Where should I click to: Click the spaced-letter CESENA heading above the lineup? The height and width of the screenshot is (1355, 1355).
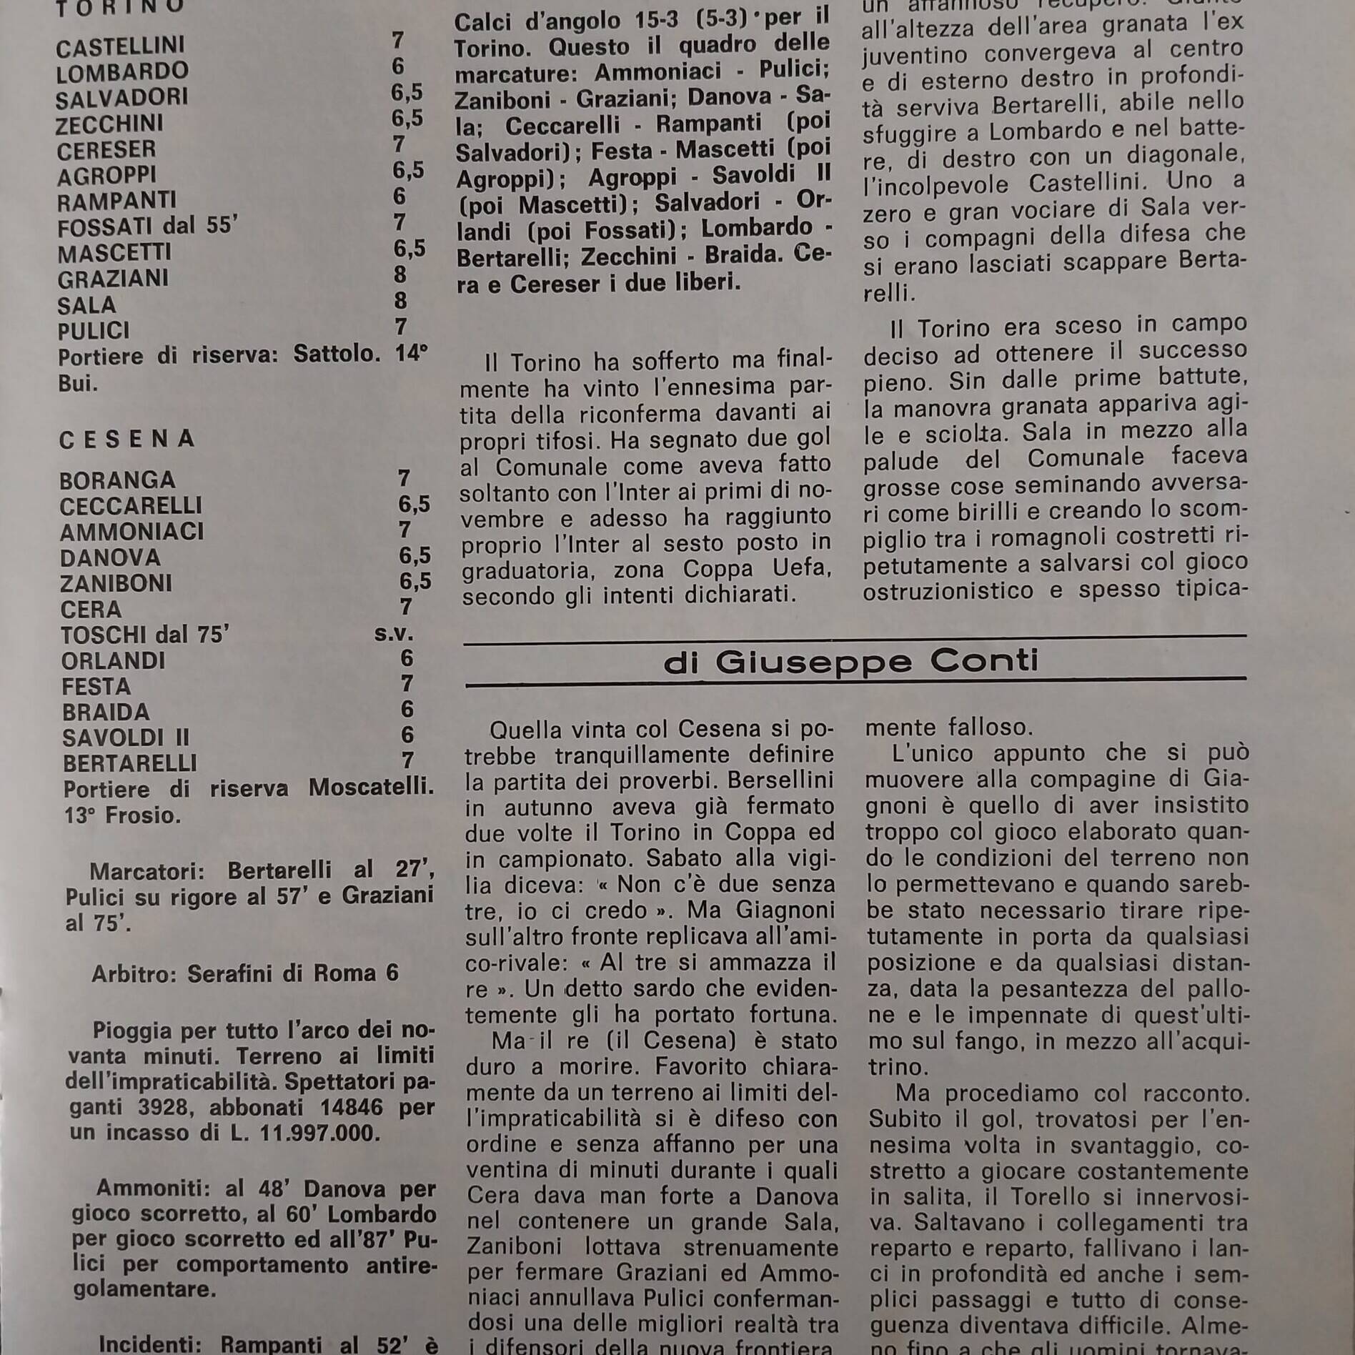pos(126,440)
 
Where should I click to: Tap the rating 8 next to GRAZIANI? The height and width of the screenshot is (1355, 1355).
pos(400,274)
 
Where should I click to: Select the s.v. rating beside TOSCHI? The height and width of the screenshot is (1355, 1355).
pos(394,633)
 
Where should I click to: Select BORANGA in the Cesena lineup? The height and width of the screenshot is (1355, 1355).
pos(117,480)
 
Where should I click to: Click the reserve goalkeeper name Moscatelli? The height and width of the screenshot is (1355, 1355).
pos(371,788)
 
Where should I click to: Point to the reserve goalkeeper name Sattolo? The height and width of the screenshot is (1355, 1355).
pos(337,354)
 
